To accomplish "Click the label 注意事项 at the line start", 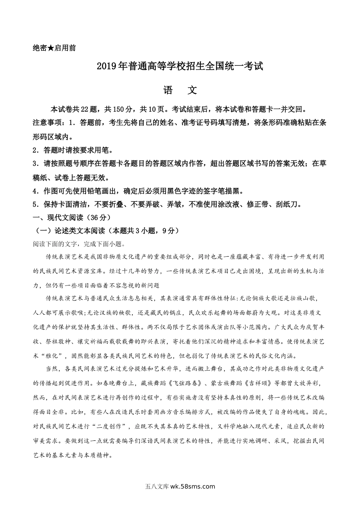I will click(47, 123).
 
